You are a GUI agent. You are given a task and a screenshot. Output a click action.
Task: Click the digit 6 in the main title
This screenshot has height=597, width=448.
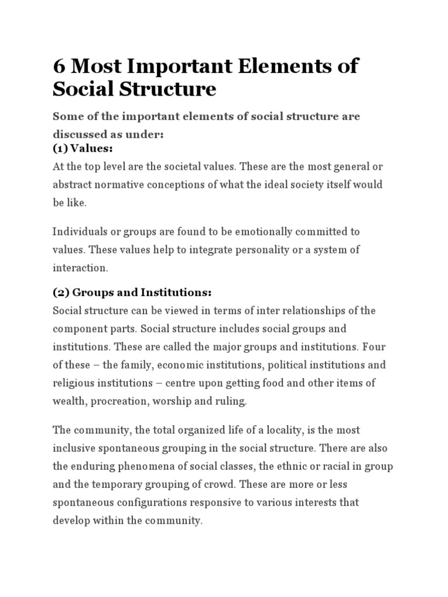60,66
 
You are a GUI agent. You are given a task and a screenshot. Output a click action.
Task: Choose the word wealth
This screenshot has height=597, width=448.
69,401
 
